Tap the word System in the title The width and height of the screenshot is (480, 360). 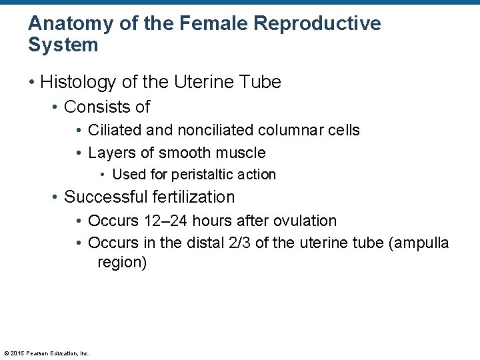pos(63,45)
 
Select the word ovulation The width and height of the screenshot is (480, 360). pos(305,221)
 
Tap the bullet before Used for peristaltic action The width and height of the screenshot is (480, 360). pos(104,175)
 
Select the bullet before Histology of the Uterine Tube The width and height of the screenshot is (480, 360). pos(32,82)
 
